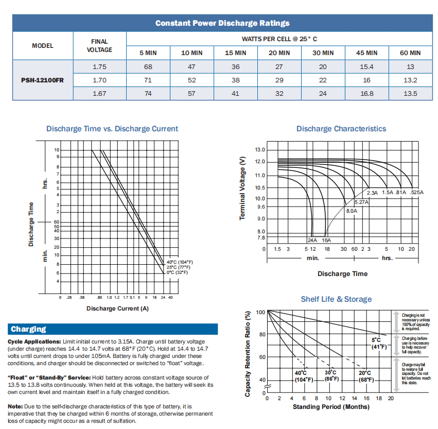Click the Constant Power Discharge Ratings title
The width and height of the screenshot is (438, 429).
pyautogui.click(x=222, y=23)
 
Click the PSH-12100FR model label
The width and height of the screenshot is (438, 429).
pyautogui.click(x=43, y=80)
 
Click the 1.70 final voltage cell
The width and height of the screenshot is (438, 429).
pyautogui.click(x=99, y=80)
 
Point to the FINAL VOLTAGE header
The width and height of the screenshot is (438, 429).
pyautogui.click(x=99, y=45)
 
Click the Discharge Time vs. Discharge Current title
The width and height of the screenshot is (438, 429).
pyautogui.click(x=112, y=129)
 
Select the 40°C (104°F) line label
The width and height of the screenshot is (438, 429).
pyautogui.click(x=179, y=262)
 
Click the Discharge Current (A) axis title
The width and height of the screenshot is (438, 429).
pyautogui.click(x=117, y=308)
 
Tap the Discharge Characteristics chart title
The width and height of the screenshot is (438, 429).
pyautogui.click(x=341, y=129)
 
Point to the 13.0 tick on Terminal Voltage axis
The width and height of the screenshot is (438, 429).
pyautogui.click(x=260, y=150)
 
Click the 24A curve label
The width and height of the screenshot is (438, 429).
pyautogui.click(x=312, y=240)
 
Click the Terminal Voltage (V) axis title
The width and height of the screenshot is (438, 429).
pyautogui.click(x=242, y=188)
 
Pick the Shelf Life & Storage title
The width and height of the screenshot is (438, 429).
pyautogui.click(x=336, y=299)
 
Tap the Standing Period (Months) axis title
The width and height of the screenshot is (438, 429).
pyautogui.click(x=331, y=407)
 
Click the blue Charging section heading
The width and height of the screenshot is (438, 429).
pyautogui.click(x=29, y=329)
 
